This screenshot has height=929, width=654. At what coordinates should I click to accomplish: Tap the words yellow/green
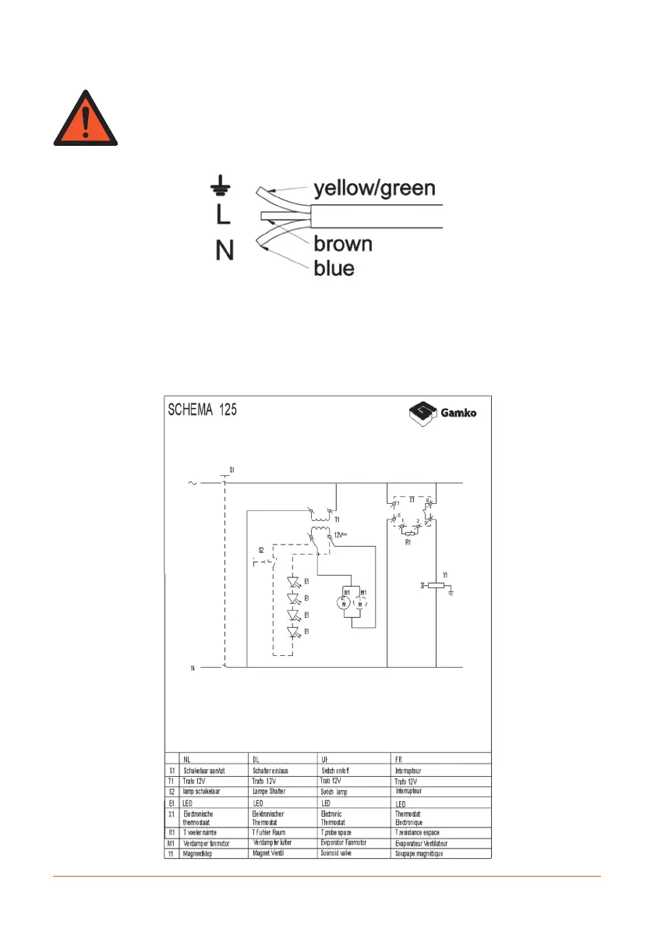(x=374, y=188)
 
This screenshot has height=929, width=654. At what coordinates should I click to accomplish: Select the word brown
(x=343, y=243)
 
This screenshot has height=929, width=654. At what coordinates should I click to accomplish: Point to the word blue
(x=334, y=269)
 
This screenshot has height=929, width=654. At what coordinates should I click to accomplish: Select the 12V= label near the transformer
(x=342, y=535)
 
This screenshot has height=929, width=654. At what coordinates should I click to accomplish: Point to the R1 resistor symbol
(x=410, y=534)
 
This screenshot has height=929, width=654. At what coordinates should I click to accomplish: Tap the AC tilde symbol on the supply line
(x=193, y=484)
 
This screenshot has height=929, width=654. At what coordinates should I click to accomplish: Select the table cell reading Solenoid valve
(x=341, y=854)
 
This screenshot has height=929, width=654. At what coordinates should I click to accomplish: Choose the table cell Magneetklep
(x=198, y=854)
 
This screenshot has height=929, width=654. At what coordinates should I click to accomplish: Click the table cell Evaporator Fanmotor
(x=348, y=843)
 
